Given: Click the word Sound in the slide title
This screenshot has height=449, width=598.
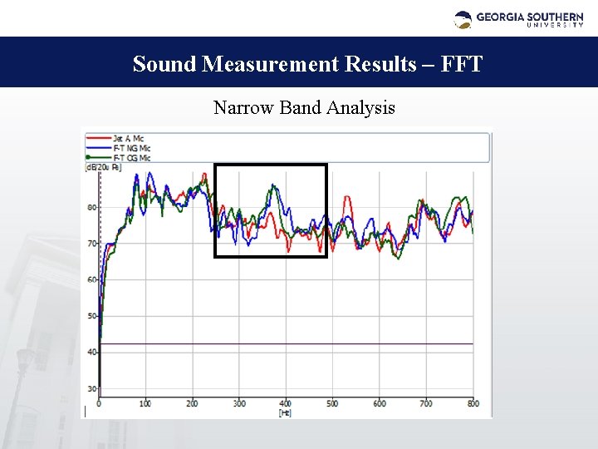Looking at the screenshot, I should click(x=164, y=64).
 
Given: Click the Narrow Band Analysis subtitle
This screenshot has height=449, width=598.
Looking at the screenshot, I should click(x=304, y=108).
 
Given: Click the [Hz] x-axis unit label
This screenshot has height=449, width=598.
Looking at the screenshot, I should click(x=285, y=412).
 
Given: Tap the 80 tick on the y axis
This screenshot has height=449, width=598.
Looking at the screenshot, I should click(x=92, y=207).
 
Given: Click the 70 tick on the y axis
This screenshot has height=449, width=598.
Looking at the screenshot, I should click(x=92, y=244).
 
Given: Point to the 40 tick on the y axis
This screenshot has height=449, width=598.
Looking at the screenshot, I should click(x=92, y=352).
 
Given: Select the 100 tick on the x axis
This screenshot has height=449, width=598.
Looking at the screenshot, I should click(x=145, y=404).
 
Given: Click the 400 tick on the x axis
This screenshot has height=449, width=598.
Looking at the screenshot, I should click(x=285, y=404).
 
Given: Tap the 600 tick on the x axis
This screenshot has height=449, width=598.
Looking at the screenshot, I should click(x=379, y=404).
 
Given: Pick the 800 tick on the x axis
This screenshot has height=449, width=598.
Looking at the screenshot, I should click(x=472, y=404).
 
